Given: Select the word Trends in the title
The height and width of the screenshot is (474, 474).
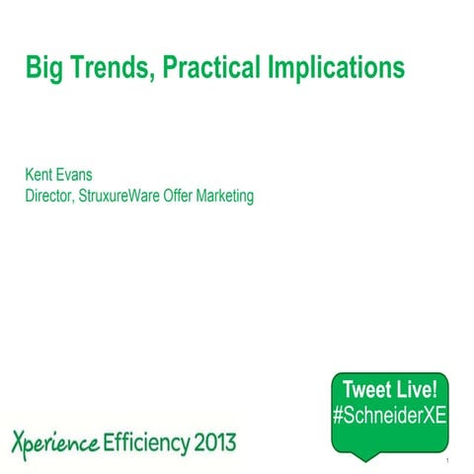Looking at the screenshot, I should tap(105, 69).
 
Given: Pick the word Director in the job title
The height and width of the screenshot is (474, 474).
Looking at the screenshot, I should tap(51, 196).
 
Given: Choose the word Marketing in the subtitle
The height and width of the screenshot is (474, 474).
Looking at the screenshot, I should tap(231, 196).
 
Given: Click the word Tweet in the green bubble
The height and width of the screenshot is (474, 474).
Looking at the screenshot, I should tap(366, 386).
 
